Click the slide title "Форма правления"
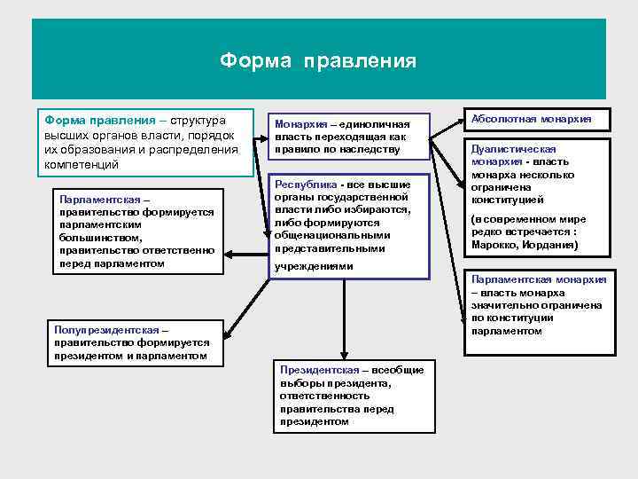[318, 61]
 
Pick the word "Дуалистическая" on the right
[514, 150]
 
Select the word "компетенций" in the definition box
[81, 165]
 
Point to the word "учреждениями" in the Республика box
[314, 266]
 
